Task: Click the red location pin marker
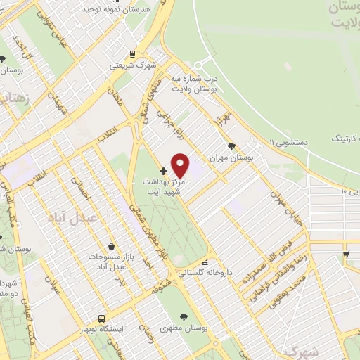(x=181, y=165)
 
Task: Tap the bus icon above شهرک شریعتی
(x=131, y=53)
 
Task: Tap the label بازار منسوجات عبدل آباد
(x=111, y=262)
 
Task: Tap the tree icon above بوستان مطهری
(x=185, y=316)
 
